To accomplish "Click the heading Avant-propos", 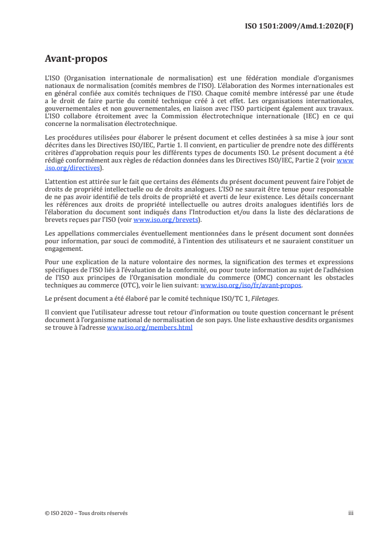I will coord(76,59).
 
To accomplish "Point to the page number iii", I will coord(351,513).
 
